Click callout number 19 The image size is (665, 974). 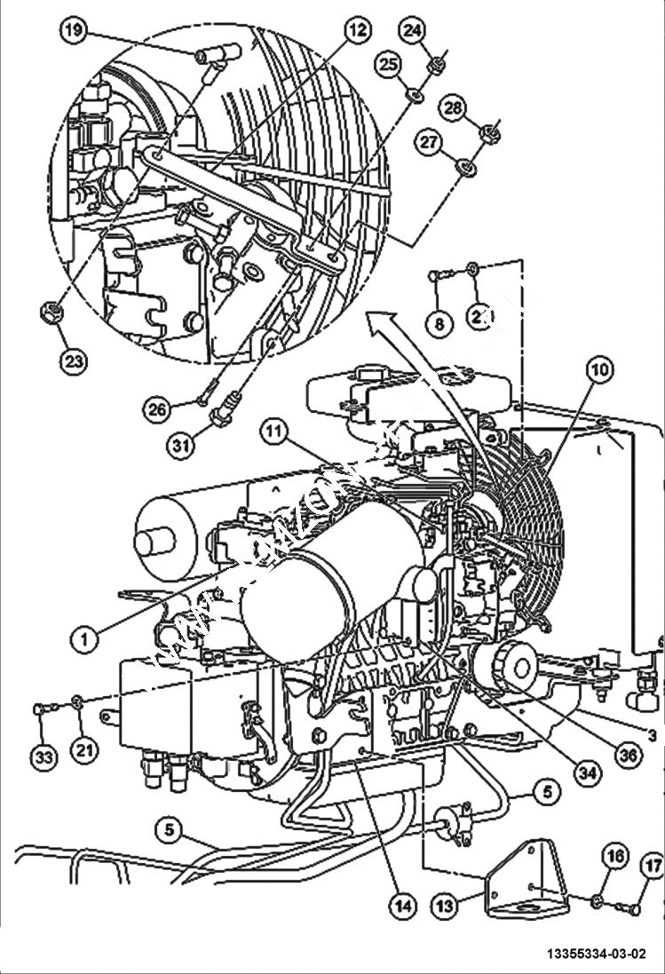pyautogui.click(x=74, y=31)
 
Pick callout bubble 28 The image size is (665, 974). pyautogui.click(x=453, y=108)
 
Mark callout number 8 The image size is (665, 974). pyautogui.click(x=438, y=324)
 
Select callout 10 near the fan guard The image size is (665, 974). pyautogui.click(x=598, y=370)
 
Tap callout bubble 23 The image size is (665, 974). pyautogui.click(x=74, y=360)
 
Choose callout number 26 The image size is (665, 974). pyautogui.click(x=158, y=408)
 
